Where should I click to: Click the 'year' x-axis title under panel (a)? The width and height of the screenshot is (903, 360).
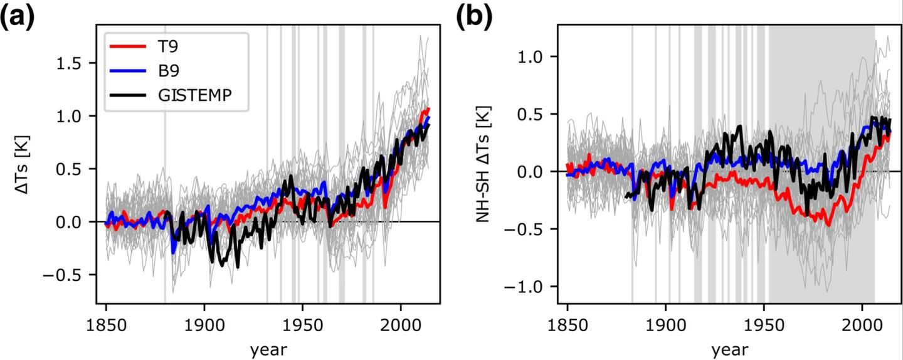[268, 349]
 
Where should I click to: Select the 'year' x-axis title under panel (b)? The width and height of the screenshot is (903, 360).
[729, 349]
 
